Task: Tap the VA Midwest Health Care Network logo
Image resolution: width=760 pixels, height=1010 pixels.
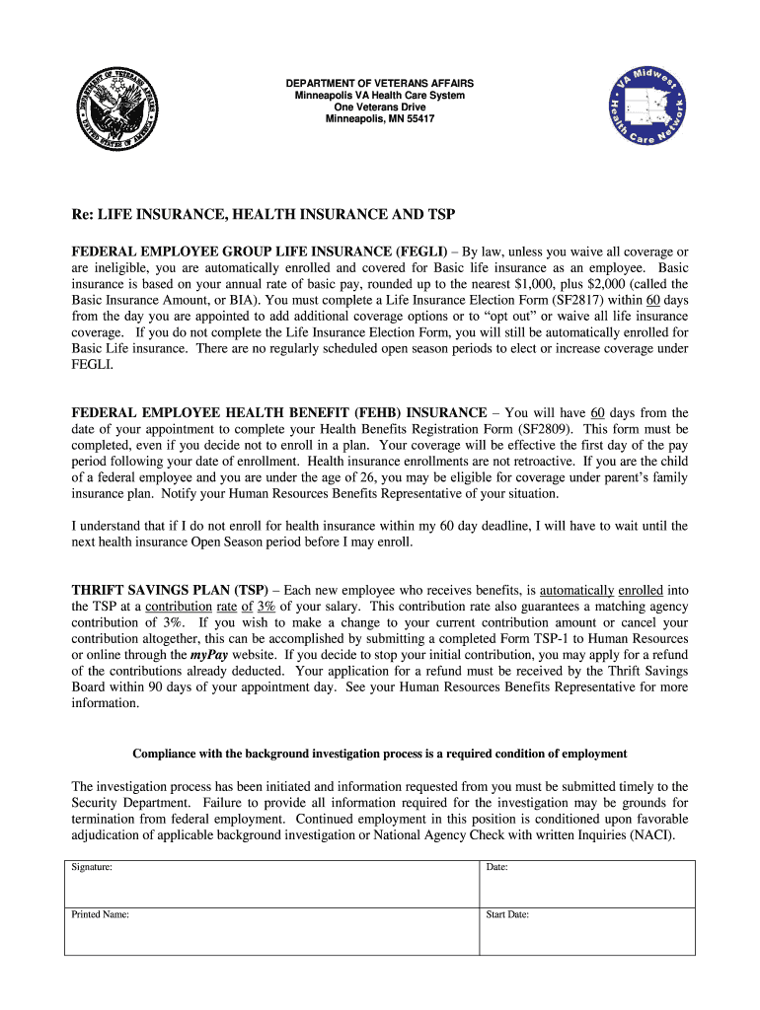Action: [x=647, y=109]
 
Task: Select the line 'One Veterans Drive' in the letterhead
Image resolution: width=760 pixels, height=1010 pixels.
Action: [x=380, y=107]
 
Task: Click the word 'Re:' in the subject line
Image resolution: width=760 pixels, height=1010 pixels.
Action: [x=84, y=214]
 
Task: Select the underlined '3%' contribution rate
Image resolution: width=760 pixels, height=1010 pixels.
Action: [x=266, y=607]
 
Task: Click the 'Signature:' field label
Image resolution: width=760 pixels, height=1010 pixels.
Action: [x=92, y=868]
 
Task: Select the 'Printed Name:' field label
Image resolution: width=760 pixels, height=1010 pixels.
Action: [x=100, y=914]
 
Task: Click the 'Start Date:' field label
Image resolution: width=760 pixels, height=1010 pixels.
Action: [x=507, y=914]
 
